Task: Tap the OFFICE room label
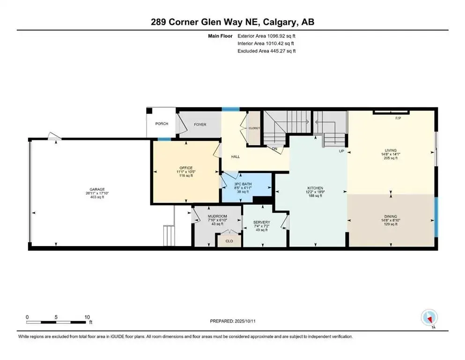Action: tap(186, 168)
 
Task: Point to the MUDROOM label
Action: tap(217, 216)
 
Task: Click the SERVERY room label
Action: tap(261, 222)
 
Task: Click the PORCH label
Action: tap(162, 124)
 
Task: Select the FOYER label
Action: tap(200, 124)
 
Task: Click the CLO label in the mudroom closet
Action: tap(229, 241)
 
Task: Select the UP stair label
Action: tap(342, 151)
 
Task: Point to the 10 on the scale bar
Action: tap(87, 317)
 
